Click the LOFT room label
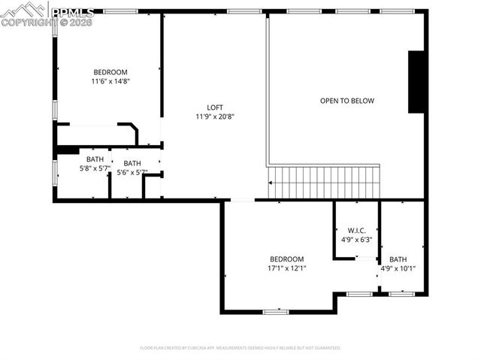click(215, 107)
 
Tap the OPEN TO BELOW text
click(346, 101)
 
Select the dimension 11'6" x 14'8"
click(110, 81)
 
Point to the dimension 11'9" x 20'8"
click(215, 116)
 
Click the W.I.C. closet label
click(356, 231)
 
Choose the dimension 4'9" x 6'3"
click(356, 240)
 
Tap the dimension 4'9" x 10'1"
click(398, 268)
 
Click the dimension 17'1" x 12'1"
click(286, 268)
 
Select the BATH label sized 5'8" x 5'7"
click(95, 159)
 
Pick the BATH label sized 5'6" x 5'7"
click(132, 164)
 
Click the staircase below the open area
click(325, 183)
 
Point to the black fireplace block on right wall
click(416, 82)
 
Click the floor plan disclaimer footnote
click(240, 348)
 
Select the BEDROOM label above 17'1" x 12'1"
click(286, 259)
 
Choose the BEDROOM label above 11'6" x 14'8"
click(110, 72)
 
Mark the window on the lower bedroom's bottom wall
click(276, 311)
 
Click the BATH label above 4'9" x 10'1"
click(398, 259)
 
